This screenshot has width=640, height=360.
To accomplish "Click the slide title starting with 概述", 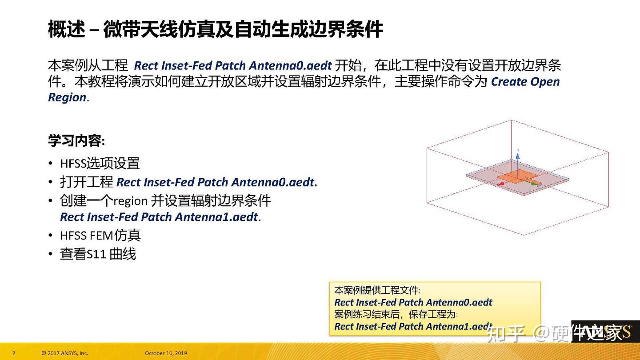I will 215,29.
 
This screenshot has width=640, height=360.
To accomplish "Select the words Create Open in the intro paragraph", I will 525,82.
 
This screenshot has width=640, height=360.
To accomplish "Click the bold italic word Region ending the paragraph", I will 67,98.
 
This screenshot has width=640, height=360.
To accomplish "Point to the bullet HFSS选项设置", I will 100,163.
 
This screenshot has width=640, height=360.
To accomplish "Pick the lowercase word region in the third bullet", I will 130,201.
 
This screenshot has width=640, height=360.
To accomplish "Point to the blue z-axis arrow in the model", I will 518,155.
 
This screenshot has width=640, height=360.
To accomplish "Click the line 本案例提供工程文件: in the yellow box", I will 377,291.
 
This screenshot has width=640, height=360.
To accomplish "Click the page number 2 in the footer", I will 14,353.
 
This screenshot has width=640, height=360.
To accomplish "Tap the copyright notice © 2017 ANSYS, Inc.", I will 64,353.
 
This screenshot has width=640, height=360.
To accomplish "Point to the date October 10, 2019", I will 166,353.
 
